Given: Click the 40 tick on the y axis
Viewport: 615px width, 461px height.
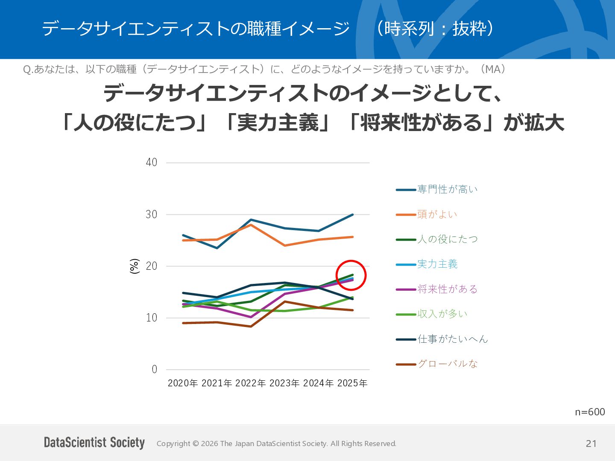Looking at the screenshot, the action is [x=152, y=162].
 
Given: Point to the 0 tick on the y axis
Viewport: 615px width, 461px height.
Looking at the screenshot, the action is [x=154, y=370].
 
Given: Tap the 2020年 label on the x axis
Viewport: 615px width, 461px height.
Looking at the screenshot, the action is [x=183, y=383].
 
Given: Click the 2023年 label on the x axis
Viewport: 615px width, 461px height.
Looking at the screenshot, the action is [x=285, y=383].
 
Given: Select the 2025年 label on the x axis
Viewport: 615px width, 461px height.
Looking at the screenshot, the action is [x=352, y=383].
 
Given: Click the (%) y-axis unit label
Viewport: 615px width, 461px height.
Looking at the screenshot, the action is [x=135, y=266].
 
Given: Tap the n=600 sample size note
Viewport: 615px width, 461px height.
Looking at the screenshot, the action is [x=590, y=412].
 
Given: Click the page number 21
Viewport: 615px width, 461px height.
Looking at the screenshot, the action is [x=591, y=443].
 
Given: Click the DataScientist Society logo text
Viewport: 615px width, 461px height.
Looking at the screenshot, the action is [x=94, y=443].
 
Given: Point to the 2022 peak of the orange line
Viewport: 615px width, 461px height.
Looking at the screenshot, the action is [x=251, y=225].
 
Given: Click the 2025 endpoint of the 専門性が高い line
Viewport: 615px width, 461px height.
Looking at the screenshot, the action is [x=352, y=215].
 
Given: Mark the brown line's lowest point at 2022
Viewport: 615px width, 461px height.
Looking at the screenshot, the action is [x=251, y=327].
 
